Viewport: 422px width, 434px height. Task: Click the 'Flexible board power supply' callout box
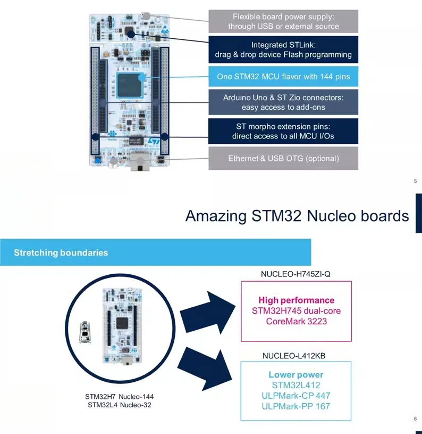point(283,21)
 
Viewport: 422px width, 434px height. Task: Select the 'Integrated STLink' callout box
point(283,50)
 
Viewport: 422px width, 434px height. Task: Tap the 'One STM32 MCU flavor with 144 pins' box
point(283,77)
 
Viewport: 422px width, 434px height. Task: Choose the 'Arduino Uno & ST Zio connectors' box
point(283,102)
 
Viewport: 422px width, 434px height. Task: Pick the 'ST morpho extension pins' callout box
point(283,131)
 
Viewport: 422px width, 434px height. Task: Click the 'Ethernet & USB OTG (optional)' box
point(283,158)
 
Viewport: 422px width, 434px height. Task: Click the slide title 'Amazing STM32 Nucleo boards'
point(297,216)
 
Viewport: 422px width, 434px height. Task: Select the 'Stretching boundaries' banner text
point(61,252)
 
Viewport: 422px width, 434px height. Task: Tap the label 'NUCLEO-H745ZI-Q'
point(296,274)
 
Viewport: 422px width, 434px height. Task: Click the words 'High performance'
point(297,300)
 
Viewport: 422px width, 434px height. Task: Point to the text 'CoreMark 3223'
point(297,321)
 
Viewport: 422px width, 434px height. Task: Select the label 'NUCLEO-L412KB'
point(296,355)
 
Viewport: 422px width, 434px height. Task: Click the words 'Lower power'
point(296,375)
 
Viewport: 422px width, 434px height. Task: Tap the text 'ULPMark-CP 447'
point(296,396)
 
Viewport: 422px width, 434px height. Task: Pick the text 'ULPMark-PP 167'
point(296,406)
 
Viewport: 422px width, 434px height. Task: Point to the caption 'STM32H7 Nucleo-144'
point(120,397)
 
